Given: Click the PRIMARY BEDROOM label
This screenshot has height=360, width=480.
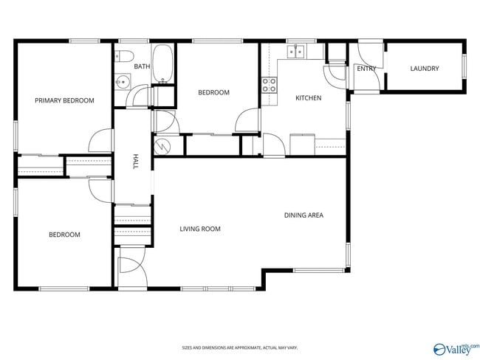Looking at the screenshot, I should [64, 100].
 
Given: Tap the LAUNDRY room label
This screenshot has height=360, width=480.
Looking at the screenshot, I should [425, 69].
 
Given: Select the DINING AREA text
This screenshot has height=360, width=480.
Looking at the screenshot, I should [304, 215].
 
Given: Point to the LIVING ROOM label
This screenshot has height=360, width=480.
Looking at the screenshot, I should [200, 229].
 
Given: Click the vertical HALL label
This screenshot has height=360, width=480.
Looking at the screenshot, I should [135, 162].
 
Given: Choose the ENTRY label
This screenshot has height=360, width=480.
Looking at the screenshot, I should [366, 69].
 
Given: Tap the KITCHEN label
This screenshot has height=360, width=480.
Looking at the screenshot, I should [308, 97].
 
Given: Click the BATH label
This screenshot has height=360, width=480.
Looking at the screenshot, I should [142, 66].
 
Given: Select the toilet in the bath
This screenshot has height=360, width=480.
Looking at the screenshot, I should [125, 55].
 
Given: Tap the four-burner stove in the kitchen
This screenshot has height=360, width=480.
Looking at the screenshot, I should [269, 85].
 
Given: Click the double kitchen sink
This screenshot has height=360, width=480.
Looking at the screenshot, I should [297, 51].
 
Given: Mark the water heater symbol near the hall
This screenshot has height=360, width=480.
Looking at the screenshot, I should [161, 145].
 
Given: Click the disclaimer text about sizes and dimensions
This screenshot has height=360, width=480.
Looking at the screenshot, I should [239, 347].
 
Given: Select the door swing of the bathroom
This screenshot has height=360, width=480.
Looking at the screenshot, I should [137, 97].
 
